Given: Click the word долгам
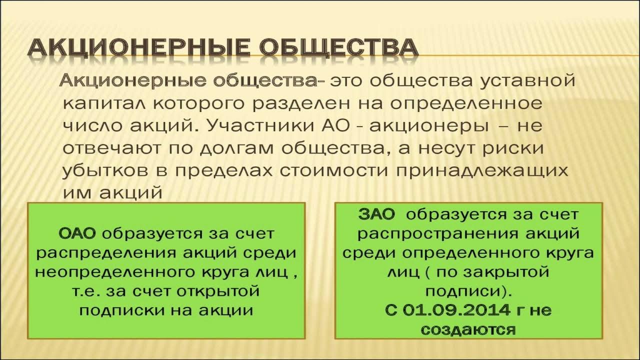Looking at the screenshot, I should pos(232,148).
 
